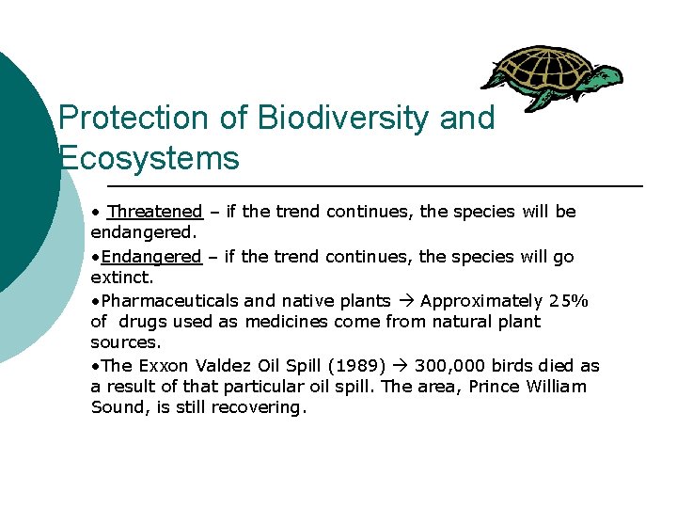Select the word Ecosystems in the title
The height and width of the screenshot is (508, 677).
pyautogui.click(x=149, y=158)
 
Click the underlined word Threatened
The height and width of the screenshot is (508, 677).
pyautogui.click(x=155, y=212)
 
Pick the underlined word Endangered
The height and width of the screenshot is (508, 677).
pyautogui.click(x=151, y=257)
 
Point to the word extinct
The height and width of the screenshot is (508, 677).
pyautogui.click(x=121, y=278)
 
